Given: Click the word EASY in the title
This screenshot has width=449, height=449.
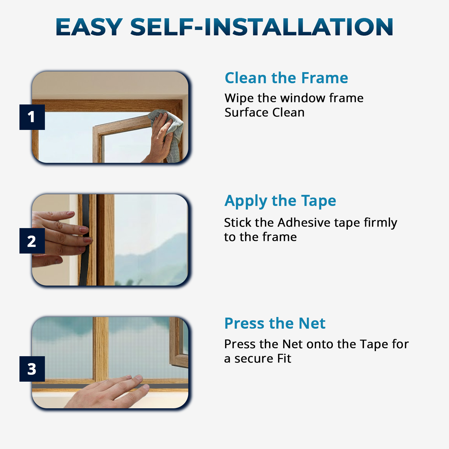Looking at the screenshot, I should click(x=89, y=27).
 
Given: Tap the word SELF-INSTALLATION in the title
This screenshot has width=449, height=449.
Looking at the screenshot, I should click(x=262, y=27).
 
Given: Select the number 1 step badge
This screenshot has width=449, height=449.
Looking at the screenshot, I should click(x=32, y=117).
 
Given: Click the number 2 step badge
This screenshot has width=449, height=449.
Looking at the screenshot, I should click(x=32, y=241).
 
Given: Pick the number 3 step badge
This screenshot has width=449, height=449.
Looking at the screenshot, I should click(x=32, y=369).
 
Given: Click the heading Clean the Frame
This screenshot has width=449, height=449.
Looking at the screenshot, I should click(x=286, y=78).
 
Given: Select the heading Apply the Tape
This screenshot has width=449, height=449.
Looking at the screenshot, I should click(x=280, y=201).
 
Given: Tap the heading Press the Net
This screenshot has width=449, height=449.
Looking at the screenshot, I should click(x=275, y=323).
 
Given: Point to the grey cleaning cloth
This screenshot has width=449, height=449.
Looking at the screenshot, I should click(x=175, y=135).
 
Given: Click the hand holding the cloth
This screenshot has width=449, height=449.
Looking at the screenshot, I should click(x=160, y=138).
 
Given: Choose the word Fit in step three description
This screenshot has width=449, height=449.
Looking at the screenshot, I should click(x=284, y=359).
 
